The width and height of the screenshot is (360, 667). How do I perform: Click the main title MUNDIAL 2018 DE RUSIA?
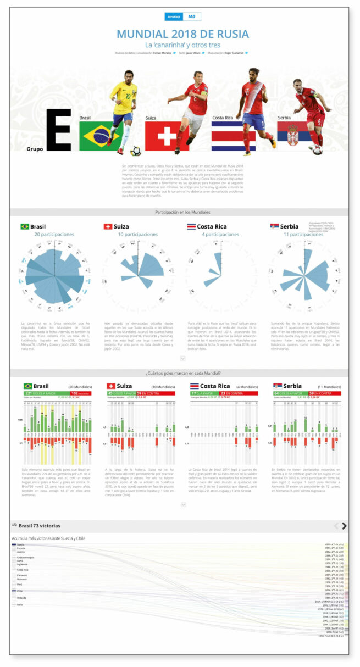[182, 34]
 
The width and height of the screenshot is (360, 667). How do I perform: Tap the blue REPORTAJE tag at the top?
[173, 17]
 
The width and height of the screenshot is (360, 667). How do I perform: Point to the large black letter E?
[59, 130]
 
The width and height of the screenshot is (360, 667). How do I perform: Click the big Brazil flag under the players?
[99, 136]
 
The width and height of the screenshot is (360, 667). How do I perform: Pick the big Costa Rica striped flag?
[233, 136]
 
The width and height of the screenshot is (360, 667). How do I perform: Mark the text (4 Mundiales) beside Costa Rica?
[246, 387]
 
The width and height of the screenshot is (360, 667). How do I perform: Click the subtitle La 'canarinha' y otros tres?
[182, 45]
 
